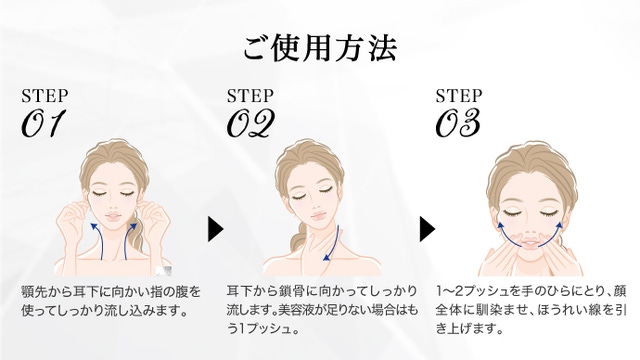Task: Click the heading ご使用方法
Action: click(x=320, y=48)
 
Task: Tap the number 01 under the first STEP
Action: click(x=43, y=123)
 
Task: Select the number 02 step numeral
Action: click(x=250, y=123)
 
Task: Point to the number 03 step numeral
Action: click(x=458, y=123)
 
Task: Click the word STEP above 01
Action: click(x=44, y=96)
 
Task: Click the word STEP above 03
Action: click(x=459, y=96)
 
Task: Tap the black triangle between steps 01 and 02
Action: click(x=216, y=229)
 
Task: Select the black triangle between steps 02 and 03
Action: click(x=427, y=229)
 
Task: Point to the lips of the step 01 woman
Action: click(x=111, y=216)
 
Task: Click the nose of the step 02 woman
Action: click(x=314, y=207)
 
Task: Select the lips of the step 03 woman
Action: click(x=530, y=243)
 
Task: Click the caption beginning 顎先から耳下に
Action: click(x=111, y=302)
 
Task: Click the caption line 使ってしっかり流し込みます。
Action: click(x=104, y=311)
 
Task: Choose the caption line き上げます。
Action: click(x=469, y=329)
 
